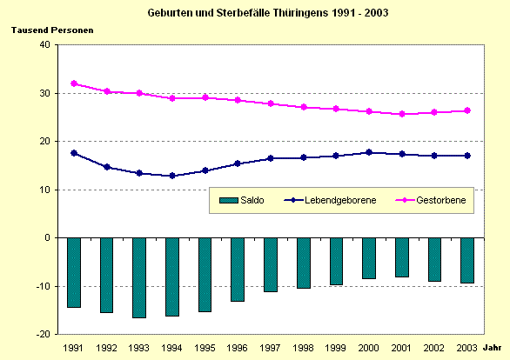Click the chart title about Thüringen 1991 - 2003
255,14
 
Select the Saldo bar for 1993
139,277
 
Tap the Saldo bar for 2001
401,257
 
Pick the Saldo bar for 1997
271,264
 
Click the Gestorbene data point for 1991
74,83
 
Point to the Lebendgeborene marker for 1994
172,176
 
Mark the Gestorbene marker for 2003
467,110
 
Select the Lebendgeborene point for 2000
369,152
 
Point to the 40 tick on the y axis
44,45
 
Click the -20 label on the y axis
41,334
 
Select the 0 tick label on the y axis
47,237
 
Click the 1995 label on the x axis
205,347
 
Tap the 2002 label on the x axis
434,347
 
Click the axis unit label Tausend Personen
52,30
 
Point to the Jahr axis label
493,347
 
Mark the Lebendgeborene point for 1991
74,153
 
